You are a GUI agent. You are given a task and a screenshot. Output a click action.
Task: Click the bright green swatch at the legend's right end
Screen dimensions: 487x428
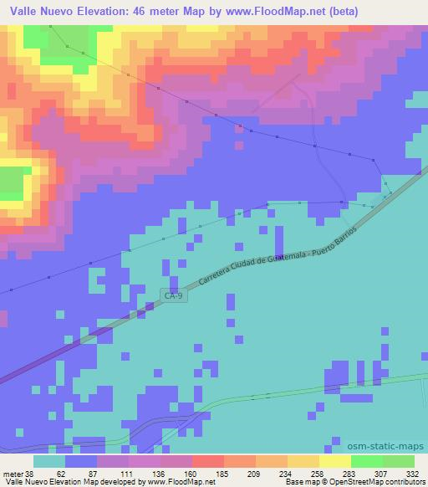click(x=399, y=460)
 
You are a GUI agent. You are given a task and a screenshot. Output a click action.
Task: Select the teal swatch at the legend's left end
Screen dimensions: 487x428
click(x=48, y=460)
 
